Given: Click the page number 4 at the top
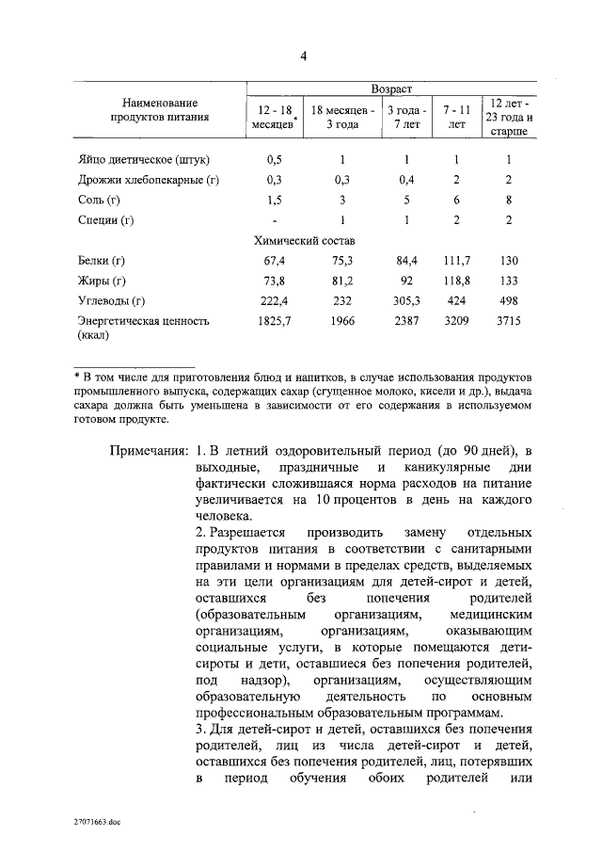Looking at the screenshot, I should tap(304, 56).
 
